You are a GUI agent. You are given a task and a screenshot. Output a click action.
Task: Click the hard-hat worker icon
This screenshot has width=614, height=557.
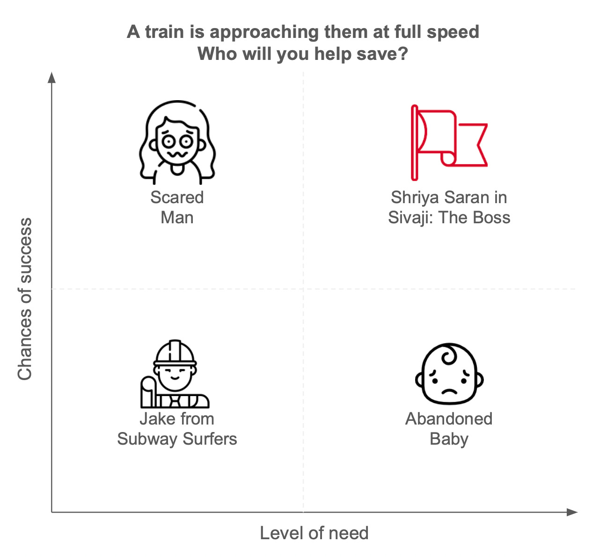pos(175,374)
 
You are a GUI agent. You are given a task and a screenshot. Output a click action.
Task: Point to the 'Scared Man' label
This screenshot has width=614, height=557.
pos(177,207)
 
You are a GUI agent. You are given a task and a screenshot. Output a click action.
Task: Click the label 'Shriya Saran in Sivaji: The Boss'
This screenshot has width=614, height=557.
pos(449,207)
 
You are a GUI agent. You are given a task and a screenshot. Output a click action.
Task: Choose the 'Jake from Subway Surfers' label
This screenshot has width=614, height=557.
pos(177,429)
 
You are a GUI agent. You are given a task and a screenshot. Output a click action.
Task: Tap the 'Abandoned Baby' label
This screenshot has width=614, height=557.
pos(449,429)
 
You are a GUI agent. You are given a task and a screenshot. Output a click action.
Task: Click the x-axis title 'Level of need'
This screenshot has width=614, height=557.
pos(314,533)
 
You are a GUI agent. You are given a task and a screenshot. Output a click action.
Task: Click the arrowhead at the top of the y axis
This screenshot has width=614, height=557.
pos(52,77)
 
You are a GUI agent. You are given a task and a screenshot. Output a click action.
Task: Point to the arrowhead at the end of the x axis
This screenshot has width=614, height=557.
pos(573,512)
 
